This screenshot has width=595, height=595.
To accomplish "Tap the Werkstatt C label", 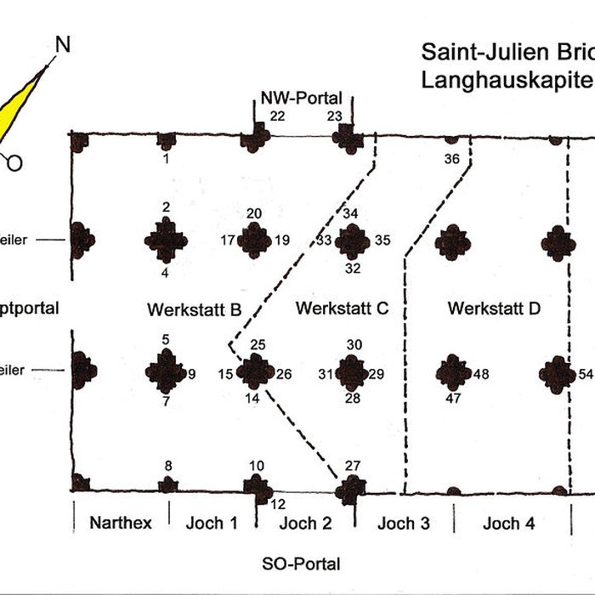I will [342, 309].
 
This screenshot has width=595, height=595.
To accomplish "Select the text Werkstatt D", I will [494, 309].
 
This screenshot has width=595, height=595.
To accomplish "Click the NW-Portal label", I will [302, 99].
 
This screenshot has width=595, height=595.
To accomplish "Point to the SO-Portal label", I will [301, 563].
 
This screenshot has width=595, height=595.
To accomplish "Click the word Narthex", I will [121, 523].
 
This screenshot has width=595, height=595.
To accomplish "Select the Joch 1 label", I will [212, 523].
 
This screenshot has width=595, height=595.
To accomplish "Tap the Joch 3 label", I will [404, 523].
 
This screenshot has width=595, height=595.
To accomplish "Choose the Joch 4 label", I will [508, 523].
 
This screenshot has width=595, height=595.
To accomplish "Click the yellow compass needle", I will [21, 110].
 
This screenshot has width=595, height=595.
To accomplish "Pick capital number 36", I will [451, 159].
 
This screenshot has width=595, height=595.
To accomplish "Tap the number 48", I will [482, 374].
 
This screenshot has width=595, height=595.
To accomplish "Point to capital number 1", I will [167, 158].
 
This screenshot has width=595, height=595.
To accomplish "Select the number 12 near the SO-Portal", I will [278, 504].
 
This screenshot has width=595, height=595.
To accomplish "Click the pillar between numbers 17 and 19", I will [255, 241].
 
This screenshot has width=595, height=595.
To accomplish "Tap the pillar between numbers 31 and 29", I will [352, 373].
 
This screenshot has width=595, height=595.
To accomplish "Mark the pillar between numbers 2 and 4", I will [166, 241].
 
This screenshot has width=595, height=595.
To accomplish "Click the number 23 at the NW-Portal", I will [335, 116].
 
